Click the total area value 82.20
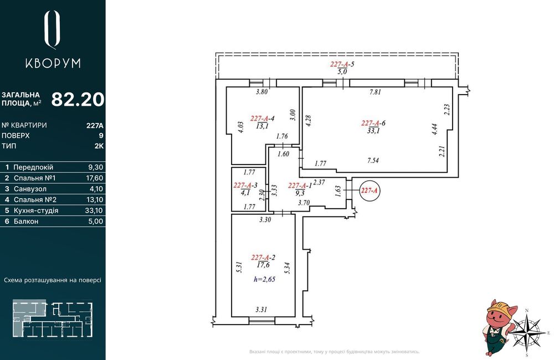point(78,100)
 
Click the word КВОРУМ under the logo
point(53,63)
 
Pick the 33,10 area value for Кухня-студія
point(95,210)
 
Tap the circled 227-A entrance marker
point(369,191)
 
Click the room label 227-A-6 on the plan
point(373,123)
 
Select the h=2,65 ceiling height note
point(264,280)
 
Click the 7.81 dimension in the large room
point(375,92)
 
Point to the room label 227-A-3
point(246,185)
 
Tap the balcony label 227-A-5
point(342,64)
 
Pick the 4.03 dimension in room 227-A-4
point(241,127)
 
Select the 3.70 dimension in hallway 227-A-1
point(304,203)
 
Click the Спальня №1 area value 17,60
point(95,178)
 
